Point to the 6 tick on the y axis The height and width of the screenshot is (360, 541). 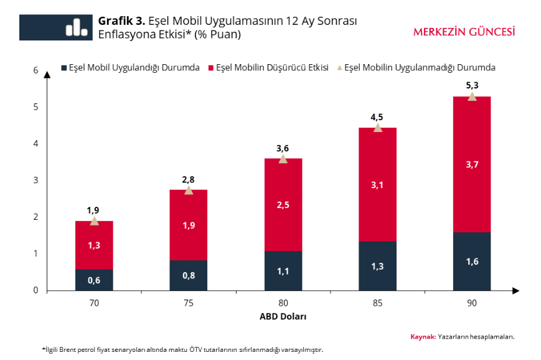click(35, 70)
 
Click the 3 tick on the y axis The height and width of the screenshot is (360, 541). click(35, 180)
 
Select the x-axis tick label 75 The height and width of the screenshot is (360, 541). click(188, 303)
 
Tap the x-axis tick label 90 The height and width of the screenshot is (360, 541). click(471, 303)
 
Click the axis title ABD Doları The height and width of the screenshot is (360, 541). click(283, 316)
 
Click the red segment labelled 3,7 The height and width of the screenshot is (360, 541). click(471, 164)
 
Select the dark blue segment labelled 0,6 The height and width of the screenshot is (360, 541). click(94, 280)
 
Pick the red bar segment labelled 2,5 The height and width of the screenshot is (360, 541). click(283, 205)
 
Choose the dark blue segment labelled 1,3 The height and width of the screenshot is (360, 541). click(377, 266)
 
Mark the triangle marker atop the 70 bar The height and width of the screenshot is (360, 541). click(94, 221)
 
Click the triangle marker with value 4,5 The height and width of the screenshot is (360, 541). click(377, 128)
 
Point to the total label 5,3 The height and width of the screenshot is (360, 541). click(471, 85)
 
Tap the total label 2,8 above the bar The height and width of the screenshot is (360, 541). click(188, 179)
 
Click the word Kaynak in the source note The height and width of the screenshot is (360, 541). click(422, 336)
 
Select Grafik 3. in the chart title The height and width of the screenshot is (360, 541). click(121, 21)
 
